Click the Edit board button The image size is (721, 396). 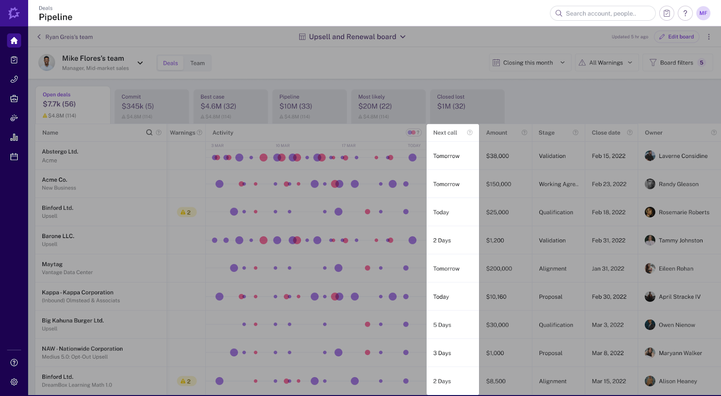(x=676, y=37)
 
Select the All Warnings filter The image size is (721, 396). (x=607, y=63)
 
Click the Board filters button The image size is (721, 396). (x=677, y=63)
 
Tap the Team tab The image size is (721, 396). (x=197, y=63)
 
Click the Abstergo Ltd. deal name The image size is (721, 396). (x=60, y=152)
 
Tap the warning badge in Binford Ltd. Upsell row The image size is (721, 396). (x=186, y=212)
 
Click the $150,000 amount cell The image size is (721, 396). (x=498, y=184)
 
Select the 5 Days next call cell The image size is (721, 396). (x=442, y=325)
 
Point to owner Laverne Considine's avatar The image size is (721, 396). (x=650, y=156)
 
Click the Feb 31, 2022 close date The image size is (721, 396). (x=608, y=240)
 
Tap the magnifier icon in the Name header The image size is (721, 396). (x=149, y=132)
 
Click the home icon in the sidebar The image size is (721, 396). (x=14, y=40)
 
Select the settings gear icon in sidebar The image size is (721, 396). (x=14, y=382)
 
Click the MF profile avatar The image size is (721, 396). (x=703, y=13)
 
